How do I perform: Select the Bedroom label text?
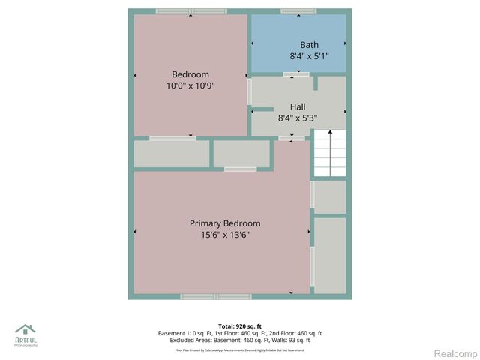190,74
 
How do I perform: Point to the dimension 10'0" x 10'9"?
190,86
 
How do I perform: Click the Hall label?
298,106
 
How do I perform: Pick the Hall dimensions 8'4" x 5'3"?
298,118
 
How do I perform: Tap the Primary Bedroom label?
225,223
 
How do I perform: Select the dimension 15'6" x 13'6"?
225,235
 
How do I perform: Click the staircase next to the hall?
329,154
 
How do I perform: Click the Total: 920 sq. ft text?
239,326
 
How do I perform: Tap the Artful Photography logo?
25,334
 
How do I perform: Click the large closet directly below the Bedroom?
172,154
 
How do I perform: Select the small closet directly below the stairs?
330,197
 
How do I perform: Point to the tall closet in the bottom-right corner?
330,255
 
